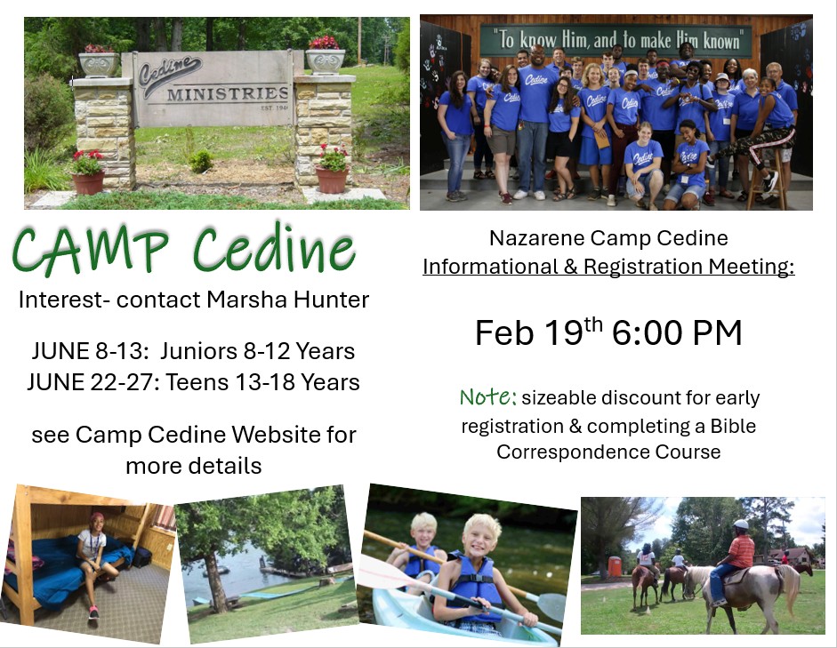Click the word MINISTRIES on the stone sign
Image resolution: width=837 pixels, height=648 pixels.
coord(228,94)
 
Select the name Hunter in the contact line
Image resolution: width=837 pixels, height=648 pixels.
coord(331,300)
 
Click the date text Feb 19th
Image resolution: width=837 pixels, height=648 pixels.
coord(539,332)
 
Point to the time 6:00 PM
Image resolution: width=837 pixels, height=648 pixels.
coord(677,332)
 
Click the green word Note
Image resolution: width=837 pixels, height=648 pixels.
coord(488,396)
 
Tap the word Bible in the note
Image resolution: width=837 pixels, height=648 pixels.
coord(733,426)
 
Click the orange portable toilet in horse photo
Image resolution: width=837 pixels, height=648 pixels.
coord(615,567)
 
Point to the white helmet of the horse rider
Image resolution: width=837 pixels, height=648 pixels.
coord(740,524)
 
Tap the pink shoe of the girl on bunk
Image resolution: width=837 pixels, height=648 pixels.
coord(94,612)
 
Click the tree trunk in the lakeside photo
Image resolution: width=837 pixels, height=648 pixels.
coord(216,583)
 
